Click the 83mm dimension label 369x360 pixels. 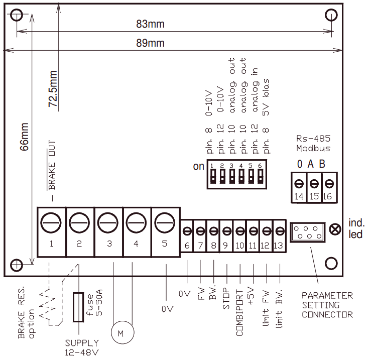(x=150, y=24)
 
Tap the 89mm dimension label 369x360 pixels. (x=150, y=43)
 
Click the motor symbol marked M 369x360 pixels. (x=120, y=333)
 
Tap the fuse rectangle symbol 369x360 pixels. (x=78, y=306)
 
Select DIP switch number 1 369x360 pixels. (x=213, y=175)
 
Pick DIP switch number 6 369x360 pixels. (x=260, y=175)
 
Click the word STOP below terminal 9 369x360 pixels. (x=226, y=300)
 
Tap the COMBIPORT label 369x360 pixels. (x=239, y=312)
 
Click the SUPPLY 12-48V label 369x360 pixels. (x=82, y=347)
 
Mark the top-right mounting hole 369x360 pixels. (x=331, y=15)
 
